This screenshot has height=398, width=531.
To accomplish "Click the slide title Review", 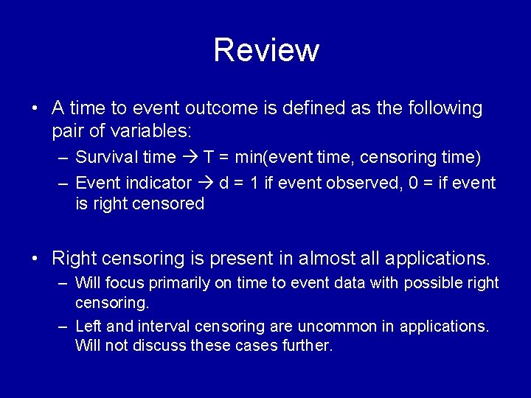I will [266, 50].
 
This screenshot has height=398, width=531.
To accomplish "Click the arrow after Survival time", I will [190, 157].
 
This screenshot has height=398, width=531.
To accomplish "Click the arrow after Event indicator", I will [206, 182].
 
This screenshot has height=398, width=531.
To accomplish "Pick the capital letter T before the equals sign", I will [209, 157].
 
